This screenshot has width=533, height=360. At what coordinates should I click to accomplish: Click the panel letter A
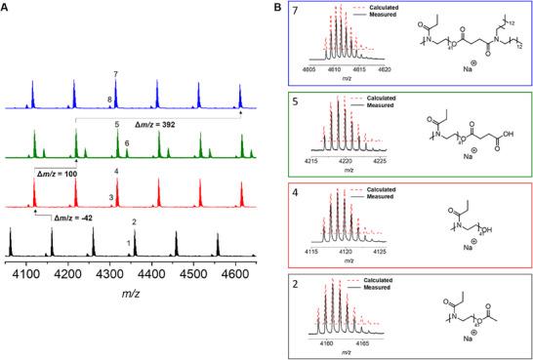(6, 7)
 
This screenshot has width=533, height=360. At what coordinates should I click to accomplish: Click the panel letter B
(274, 7)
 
